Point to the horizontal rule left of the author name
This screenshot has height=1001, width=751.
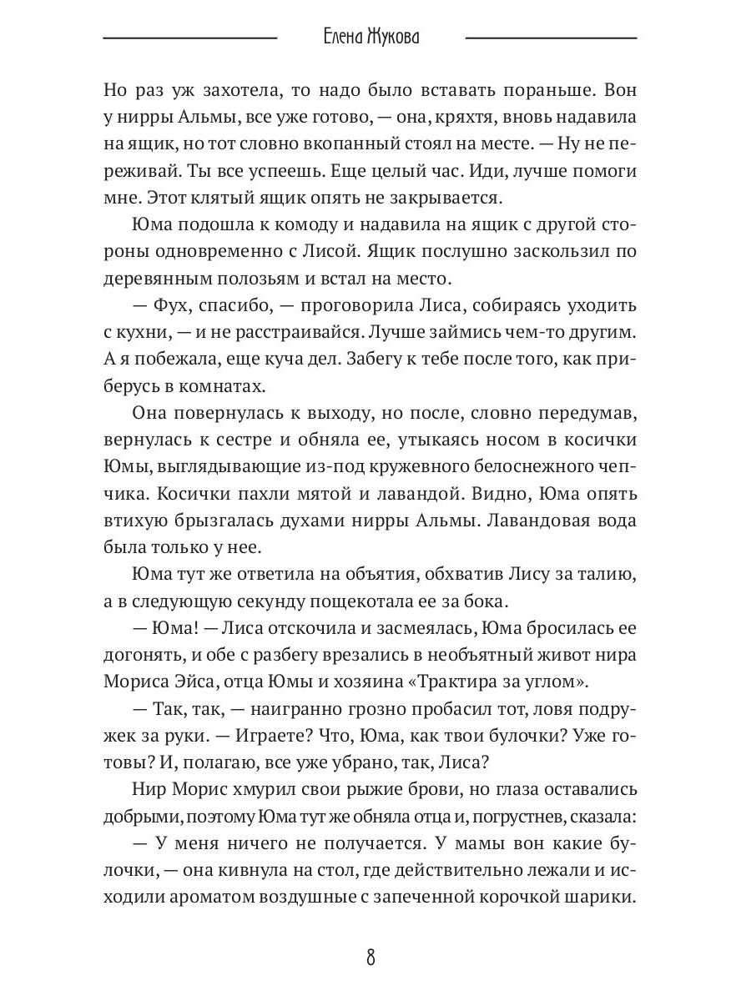click(189, 38)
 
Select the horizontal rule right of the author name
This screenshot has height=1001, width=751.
click(551, 38)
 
